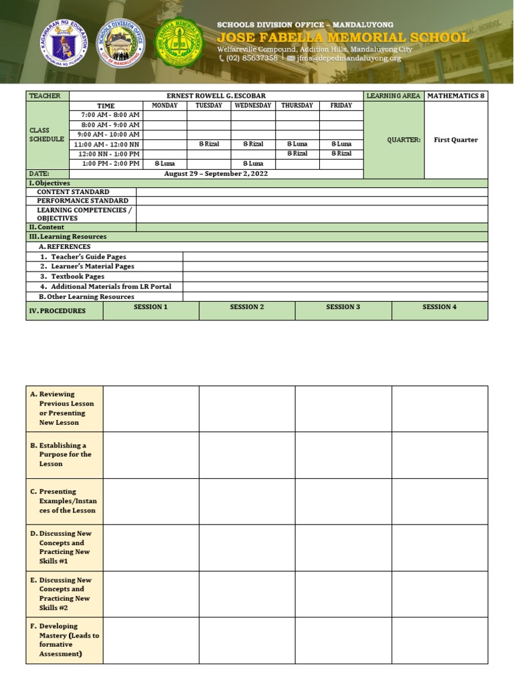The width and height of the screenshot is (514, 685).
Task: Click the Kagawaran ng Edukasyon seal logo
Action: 65,41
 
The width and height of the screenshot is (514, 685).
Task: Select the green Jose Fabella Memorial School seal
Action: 177,42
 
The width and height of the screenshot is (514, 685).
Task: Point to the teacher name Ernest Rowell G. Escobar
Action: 216,96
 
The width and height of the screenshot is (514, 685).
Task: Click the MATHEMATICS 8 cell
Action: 456,96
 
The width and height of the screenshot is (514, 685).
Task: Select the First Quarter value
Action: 456,140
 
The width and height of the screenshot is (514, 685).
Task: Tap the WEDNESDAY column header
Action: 253,106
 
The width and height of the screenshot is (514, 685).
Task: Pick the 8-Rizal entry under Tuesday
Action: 209,144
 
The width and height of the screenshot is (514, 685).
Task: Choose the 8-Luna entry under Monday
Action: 165,163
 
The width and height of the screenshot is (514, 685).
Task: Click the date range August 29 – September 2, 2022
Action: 216,173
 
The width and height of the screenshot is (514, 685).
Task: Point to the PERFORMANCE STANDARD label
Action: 82,201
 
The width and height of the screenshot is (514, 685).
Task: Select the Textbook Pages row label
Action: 78,276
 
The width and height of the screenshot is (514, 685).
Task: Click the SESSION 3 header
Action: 343,307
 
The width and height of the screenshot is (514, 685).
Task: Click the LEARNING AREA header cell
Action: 394,96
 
